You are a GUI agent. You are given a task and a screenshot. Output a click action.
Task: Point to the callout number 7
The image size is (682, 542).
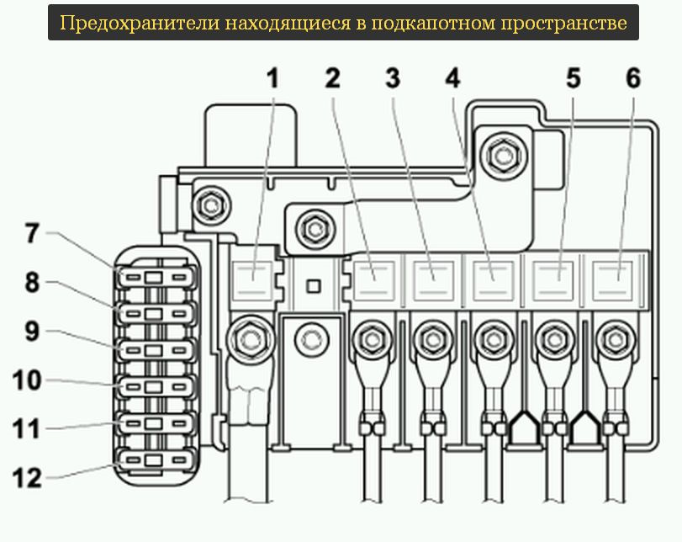32,233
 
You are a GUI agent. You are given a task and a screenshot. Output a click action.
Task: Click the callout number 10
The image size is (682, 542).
26,381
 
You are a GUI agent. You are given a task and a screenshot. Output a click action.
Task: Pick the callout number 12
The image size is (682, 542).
26,479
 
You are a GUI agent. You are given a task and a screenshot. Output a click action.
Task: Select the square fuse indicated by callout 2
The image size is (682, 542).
371,277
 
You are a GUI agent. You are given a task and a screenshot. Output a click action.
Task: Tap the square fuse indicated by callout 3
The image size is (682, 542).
432,277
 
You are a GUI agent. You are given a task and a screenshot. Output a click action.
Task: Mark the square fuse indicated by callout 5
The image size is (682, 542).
554,277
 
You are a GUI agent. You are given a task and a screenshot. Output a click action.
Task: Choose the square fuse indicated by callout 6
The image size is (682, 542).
615,277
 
